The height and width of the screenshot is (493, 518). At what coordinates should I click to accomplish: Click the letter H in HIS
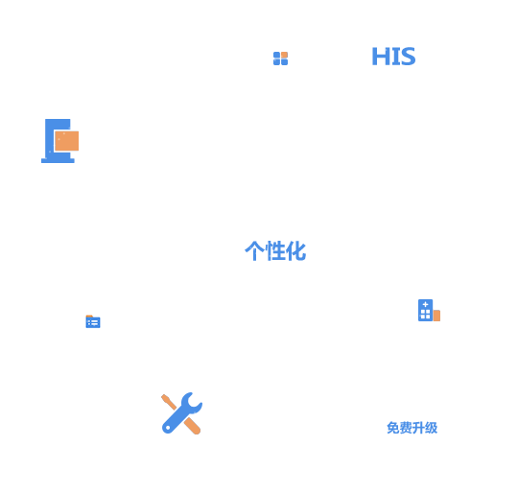380,57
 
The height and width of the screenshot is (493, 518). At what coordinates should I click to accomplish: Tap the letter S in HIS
408,57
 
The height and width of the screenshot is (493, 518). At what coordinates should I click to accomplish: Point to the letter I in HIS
394,57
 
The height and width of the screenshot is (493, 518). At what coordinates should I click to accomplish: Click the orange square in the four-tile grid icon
285,55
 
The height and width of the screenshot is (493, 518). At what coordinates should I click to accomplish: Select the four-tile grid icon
280,59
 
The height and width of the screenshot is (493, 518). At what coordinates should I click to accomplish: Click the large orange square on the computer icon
67,141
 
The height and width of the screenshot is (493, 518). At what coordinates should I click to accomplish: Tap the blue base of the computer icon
58,160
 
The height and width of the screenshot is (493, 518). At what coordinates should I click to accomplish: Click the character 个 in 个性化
255,250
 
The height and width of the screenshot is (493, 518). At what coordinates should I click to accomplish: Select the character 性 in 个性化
275,250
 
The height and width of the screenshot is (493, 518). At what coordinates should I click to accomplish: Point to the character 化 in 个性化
296,250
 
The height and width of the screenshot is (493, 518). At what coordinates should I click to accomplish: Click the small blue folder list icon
93,321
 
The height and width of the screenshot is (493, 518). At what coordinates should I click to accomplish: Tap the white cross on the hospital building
426,304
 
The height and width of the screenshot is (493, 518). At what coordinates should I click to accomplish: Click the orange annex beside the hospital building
436,316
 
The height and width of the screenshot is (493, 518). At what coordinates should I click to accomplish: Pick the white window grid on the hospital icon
426,314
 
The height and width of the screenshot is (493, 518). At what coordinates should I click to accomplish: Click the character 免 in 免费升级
393,428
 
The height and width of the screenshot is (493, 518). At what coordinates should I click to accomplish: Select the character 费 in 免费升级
406,428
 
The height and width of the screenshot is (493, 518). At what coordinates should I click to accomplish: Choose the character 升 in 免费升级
418,428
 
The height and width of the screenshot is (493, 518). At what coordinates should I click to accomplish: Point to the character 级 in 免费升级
431,428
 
